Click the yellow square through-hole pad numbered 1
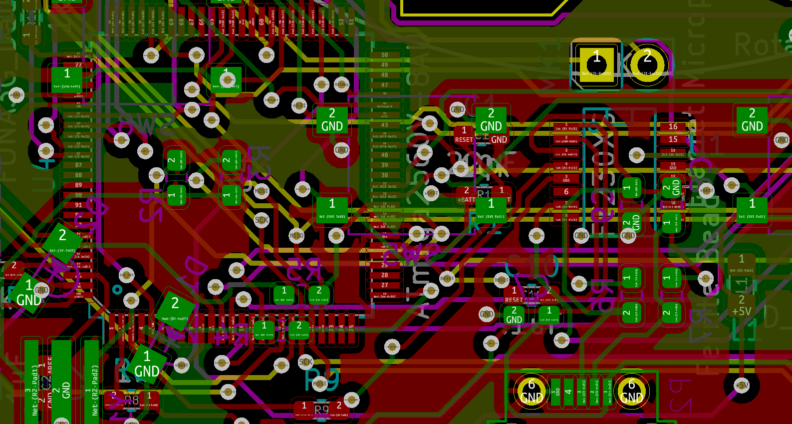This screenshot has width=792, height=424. [x=596, y=64]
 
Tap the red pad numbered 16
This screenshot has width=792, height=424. [x=673, y=127]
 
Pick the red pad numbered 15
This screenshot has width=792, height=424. [x=673, y=139]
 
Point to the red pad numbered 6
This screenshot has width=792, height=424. [x=566, y=192]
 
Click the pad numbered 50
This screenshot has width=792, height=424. [x=384, y=55]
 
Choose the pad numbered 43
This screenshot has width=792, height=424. [x=384, y=125]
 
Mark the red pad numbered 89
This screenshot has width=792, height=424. [x=79, y=185]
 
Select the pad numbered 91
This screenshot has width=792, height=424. [x=79, y=205]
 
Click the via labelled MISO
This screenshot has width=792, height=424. [x=296, y=235]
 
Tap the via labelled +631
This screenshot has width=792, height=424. [x=299, y=105]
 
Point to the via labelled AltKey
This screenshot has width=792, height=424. [x=341, y=84]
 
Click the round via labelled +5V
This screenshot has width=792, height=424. [x=742, y=385]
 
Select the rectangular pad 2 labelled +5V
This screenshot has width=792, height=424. [x=742, y=305]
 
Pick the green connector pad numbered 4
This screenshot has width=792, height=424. [x=568, y=391]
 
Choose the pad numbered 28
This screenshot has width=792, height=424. [x=384, y=275]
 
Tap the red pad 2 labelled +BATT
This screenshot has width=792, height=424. [x=467, y=194]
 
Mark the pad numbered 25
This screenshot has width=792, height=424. [x=351, y=328]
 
